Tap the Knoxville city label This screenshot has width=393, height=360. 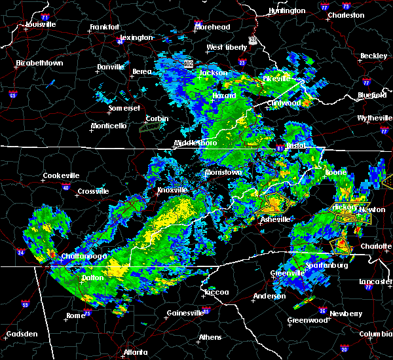point(172,190)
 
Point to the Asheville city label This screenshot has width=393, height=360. point(275,220)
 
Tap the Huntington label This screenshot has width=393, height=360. point(288,11)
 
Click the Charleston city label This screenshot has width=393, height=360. point(346,15)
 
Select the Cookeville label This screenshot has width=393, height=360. point(61,176)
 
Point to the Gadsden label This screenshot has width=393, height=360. point(22,334)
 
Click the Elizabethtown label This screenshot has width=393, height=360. point(39,63)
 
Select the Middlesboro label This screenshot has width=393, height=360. point(195,143)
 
